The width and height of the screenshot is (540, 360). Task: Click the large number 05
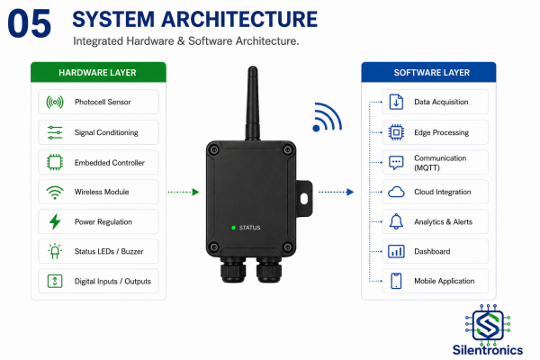[30, 23]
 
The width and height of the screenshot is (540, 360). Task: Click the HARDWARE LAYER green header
[98, 72]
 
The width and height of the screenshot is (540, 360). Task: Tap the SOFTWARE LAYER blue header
[428, 72]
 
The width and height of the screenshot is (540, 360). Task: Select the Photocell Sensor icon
[55, 102]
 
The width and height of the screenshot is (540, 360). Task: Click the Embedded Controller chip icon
[55, 162]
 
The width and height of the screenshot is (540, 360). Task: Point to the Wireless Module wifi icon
[55, 193]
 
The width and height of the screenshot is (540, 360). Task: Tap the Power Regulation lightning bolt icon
[55, 221]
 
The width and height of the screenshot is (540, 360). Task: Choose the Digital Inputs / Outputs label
[112, 281]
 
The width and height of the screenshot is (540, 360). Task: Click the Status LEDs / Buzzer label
[109, 251]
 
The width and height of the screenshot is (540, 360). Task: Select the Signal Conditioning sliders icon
[55, 132]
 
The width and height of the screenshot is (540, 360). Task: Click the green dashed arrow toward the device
[184, 192]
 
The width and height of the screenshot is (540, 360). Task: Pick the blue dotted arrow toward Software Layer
[336, 192]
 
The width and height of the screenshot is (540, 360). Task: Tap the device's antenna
[252, 103]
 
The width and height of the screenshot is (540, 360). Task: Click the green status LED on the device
[233, 228]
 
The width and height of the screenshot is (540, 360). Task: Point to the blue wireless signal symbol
[327, 117]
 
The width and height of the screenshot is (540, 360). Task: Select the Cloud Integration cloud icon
[396, 192]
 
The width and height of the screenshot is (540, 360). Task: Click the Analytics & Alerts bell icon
[396, 221]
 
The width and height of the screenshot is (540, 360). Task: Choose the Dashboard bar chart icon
[396, 251]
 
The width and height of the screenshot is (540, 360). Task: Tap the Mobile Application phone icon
[396, 281]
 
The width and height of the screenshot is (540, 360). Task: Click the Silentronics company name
[488, 350]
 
